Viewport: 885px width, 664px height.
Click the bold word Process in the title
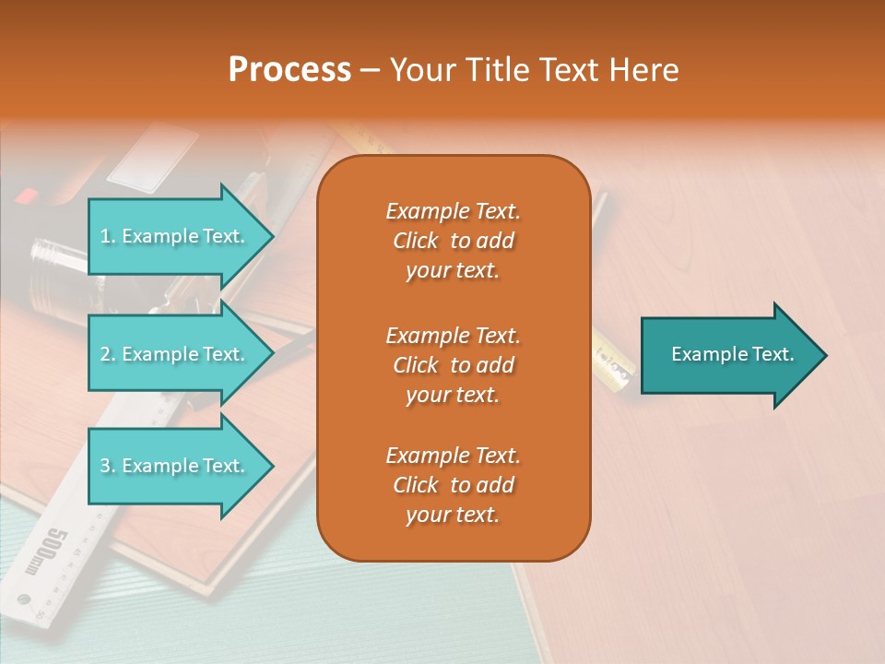pyautogui.click(x=289, y=70)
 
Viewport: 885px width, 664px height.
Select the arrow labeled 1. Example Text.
pyautogui.click(x=175, y=236)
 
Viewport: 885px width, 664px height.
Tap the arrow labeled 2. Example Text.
pyautogui.click(x=175, y=354)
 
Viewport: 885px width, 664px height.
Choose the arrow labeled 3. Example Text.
pyautogui.click(x=175, y=466)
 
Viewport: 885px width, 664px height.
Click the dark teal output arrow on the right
pyautogui.click(x=728, y=355)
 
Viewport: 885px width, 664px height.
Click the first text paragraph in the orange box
pyautogui.click(x=453, y=241)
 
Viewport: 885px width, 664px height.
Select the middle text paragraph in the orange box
pyautogui.click(x=453, y=365)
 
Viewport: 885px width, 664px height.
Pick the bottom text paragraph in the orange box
pyautogui.click(x=453, y=485)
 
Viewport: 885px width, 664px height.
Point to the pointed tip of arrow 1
pyautogui.click(x=272, y=236)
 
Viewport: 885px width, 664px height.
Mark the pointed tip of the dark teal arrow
pyautogui.click(x=825, y=355)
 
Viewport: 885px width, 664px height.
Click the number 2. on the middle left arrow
pyautogui.click(x=108, y=354)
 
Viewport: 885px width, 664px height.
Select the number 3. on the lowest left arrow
pyautogui.click(x=108, y=466)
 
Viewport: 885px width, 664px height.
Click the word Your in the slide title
pyautogui.click(x=420, y=70)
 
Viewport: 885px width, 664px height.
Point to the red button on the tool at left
pyautogui.click(x=27, y=195)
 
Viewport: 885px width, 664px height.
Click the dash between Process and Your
pyautogui.click(x=370, y=71)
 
